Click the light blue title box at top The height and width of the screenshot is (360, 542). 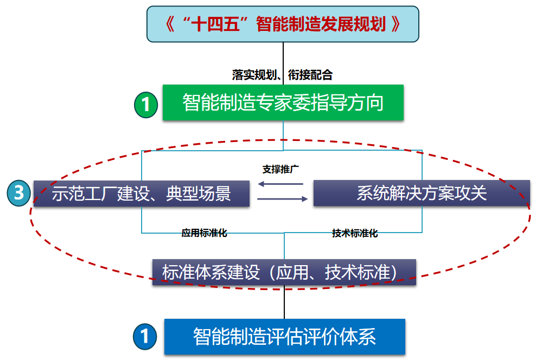click(283, 24)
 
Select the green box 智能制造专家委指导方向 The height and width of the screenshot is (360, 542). click(283, 102)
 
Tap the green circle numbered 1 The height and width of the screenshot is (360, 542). click(145, 104)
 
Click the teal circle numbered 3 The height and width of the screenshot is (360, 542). click(18, 193)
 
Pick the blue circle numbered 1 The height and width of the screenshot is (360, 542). click(145, 337)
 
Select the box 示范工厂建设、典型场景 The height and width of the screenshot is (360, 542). click(142, 194)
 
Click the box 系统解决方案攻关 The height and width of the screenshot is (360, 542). click(421, 193)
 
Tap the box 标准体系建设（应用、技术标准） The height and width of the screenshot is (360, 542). click(284, 272)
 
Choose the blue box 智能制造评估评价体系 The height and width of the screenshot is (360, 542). click(284, 337)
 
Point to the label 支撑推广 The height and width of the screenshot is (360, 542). click(282, 169)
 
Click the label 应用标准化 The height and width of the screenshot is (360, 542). click(204, 234)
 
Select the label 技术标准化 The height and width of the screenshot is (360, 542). click(355, 234)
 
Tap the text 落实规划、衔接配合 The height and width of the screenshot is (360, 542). click(282, 75)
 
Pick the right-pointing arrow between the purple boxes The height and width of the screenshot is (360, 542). click(282, 199)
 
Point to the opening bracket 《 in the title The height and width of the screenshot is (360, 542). click(172, 24)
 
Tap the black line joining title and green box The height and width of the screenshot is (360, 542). click(283, 57)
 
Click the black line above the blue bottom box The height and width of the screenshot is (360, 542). click(284, 303)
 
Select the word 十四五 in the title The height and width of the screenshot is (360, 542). click(214, 24)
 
